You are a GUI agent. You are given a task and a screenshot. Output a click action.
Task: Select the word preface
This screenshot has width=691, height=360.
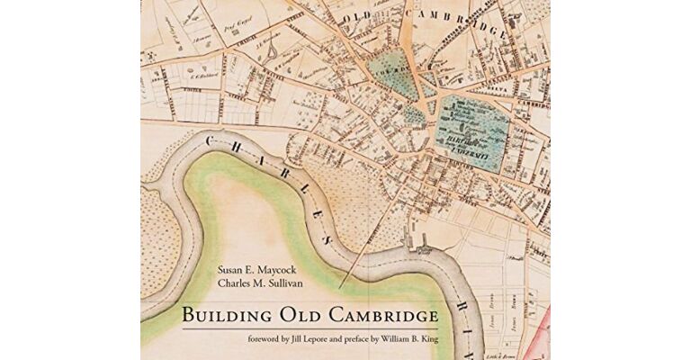click(x=422, y=339)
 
